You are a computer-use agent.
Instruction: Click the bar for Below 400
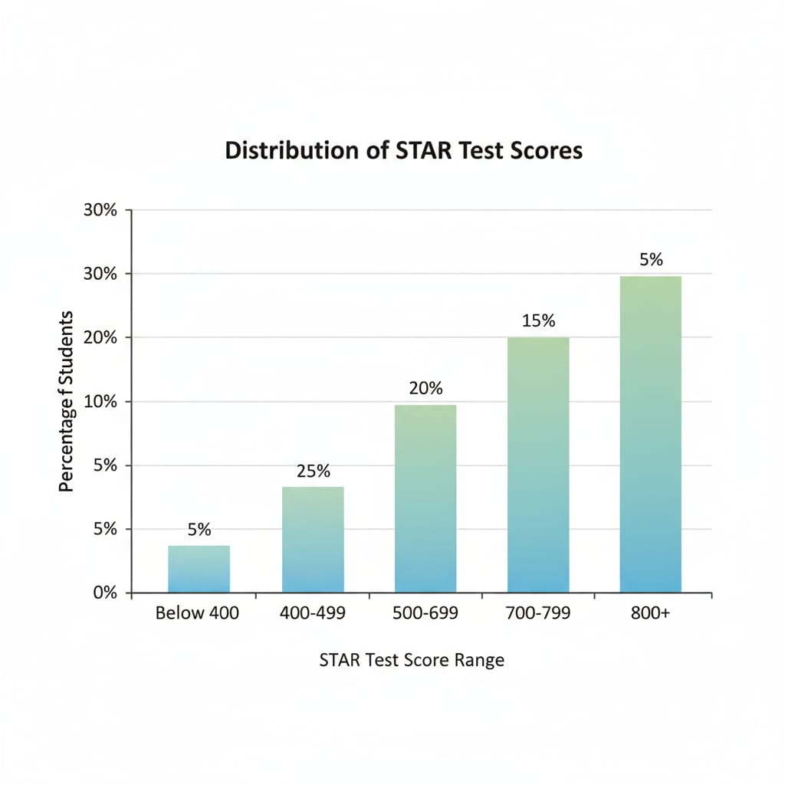(199, 569)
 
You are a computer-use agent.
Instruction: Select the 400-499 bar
(313, 540)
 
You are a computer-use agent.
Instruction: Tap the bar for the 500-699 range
(425, 498)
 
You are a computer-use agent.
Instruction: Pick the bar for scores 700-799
(538, 465)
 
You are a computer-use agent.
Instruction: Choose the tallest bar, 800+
(650, 434)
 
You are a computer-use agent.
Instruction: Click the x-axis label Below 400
(197, 613)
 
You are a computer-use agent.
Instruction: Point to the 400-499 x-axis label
(313, 613)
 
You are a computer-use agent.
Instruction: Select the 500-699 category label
(425, 613)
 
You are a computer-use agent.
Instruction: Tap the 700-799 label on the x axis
(538, 613)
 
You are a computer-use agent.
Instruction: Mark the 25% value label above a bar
(313, 471)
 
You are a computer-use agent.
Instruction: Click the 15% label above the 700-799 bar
(538, 321)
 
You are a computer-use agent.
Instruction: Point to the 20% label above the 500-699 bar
(425, 389)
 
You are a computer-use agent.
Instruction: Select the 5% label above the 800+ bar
(651, 260)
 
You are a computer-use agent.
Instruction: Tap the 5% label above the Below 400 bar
(199, 530)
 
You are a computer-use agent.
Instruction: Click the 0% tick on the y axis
(106, 593)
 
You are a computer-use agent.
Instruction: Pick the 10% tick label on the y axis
(102, 402)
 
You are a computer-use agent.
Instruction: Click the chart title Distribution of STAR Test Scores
(404, 150)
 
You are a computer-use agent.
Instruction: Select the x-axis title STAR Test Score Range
(412, 659)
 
